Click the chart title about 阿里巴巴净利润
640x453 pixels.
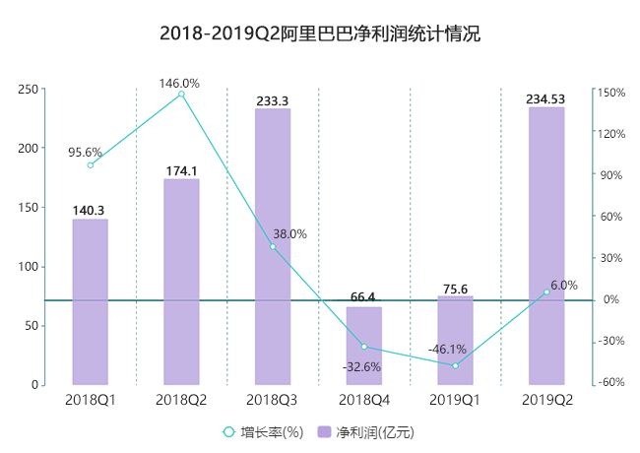[x=320, y=34]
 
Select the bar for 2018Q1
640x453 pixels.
[x=91, y=300]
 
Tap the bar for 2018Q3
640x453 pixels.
[x=273, y=246]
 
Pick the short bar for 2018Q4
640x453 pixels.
[x=364, y=346]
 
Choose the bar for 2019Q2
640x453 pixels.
[x=546, y=246]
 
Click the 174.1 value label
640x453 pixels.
[x=181, y=171]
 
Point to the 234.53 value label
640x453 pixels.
[x=546, y=98]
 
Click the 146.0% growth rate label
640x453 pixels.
[x=179, y=84]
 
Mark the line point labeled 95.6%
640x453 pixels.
[x=91, y=164]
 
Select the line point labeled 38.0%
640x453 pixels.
[x=273, y=246]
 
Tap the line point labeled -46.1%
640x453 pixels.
[x=455, y=365]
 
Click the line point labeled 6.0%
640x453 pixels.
[x=546, y=291]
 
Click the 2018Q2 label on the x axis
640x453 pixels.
[x=181, y=400]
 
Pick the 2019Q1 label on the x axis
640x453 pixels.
[x=455, y=400]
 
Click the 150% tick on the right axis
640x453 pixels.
[x=610, y=93]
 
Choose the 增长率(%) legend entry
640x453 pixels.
[x=264, y=432]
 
